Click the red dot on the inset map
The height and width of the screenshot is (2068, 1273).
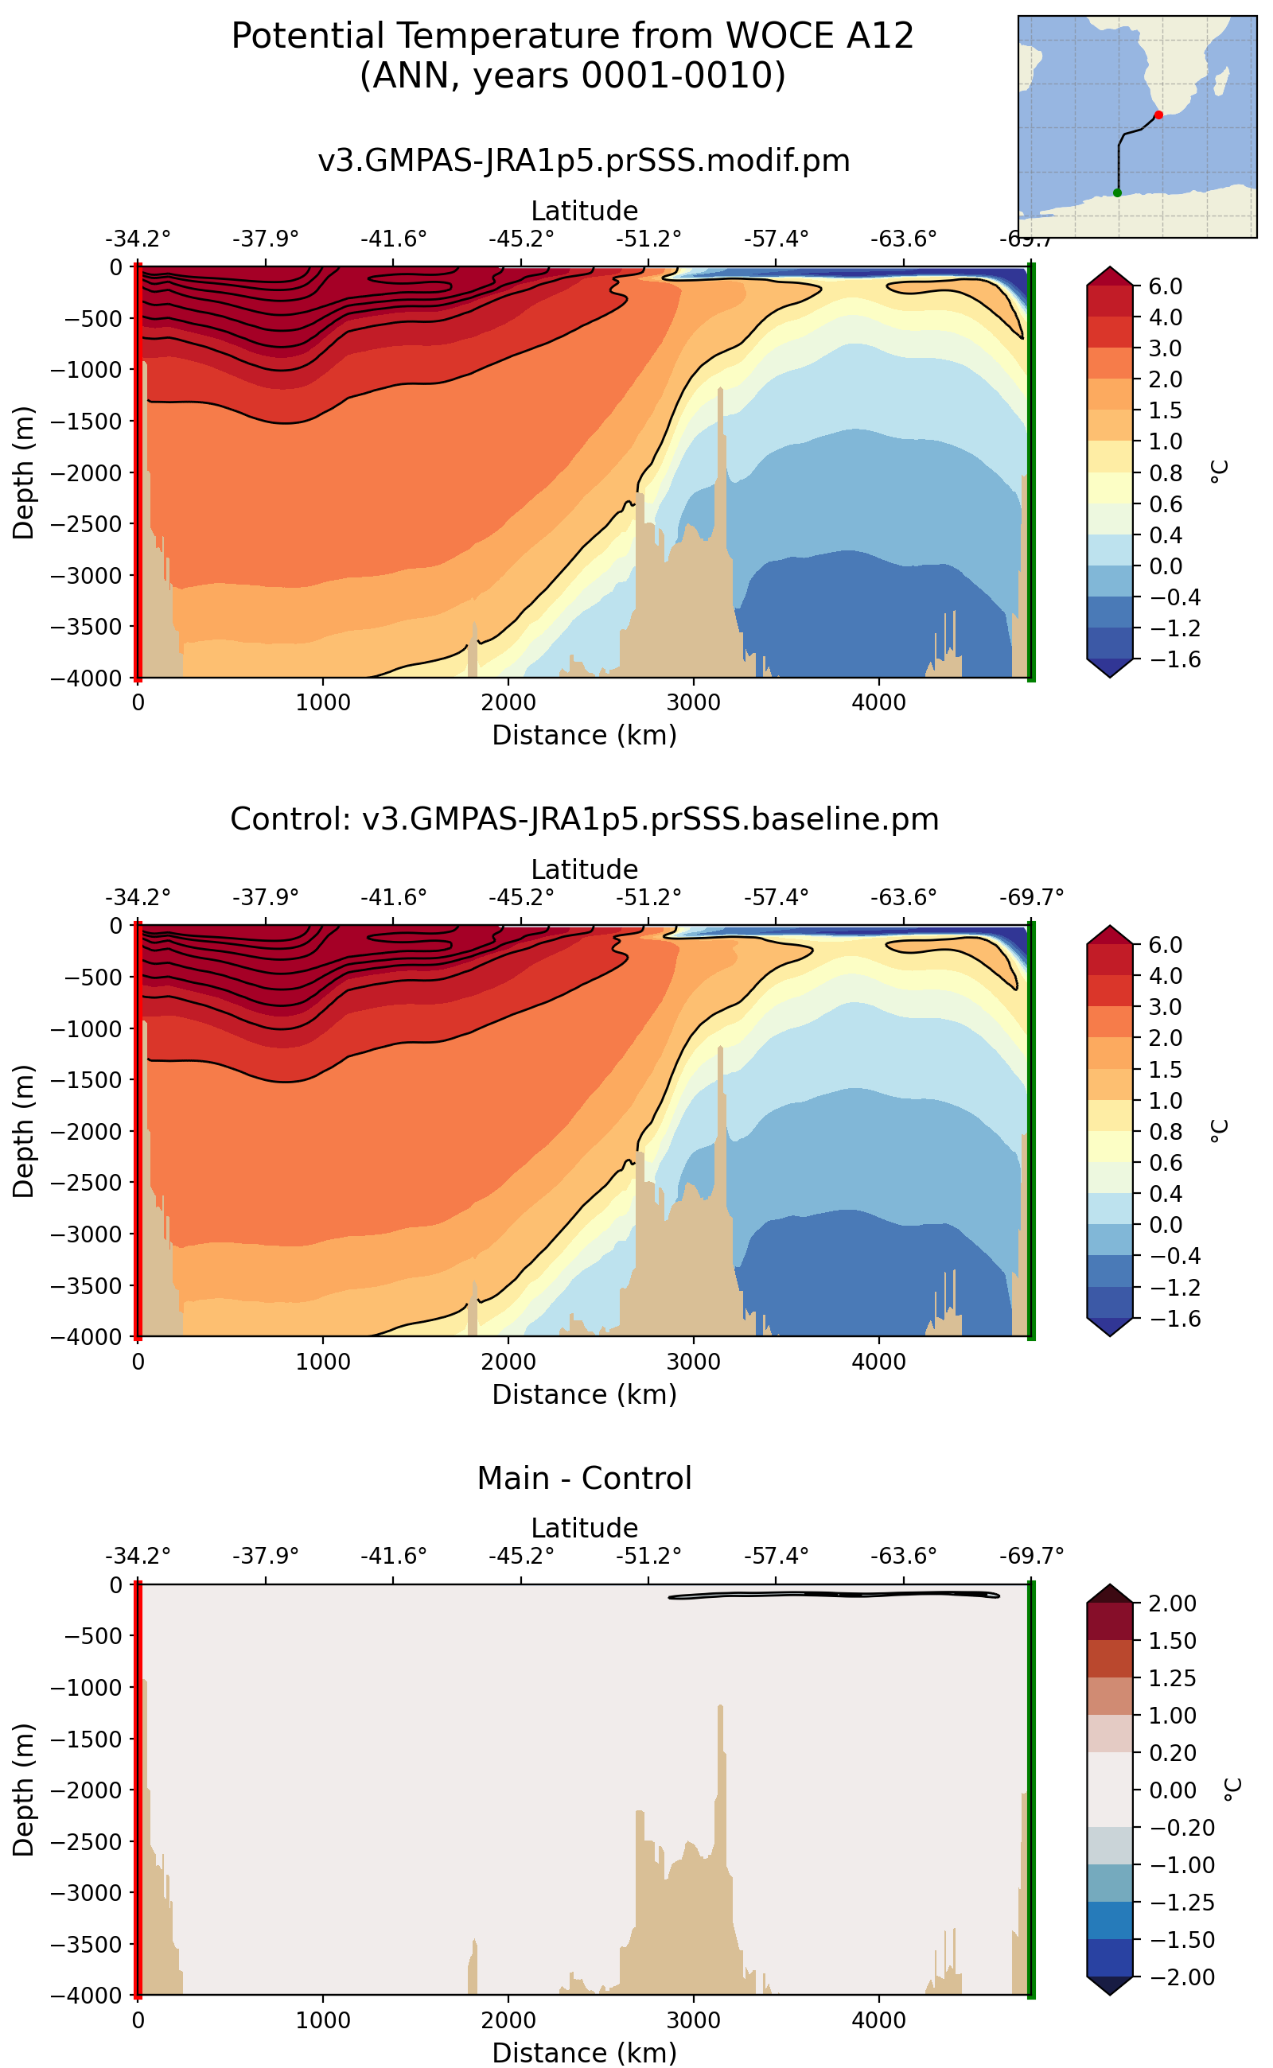(x=1158, y=115)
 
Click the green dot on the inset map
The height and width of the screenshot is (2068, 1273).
(x=1117, y=192)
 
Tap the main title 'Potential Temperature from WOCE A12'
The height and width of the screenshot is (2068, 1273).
(x=572, y=37)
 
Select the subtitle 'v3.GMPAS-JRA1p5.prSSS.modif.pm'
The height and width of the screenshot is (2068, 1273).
(x=583, y=160)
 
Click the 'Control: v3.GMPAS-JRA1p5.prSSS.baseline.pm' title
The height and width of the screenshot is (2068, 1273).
(x=583, y=819)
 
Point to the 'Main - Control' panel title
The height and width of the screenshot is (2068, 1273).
(x=583, y=1478)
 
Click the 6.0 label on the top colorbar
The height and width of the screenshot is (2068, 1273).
(x=1166, y=286)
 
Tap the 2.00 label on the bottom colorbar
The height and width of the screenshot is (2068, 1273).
(x=1172, y=1603)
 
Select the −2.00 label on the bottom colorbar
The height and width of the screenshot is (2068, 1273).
(x=1176, y=1977)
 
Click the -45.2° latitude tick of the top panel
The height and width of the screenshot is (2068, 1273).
(x=521, y=239)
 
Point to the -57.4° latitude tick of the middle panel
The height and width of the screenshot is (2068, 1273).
(x=776, y=897)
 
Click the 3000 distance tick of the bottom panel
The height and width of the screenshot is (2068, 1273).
(x=693, y=2020)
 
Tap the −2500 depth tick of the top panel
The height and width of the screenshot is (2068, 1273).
(x=85, y=523)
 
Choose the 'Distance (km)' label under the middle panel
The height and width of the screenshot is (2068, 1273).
(x=584, y=1394)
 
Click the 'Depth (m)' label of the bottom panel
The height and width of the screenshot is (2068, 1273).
(x=24, y=1790)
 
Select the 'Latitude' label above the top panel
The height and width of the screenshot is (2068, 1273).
(x=584, y=211)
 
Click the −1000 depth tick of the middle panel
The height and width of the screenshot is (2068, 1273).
(x=85, y=1028)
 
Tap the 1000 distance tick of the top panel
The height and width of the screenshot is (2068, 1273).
(x=322, y=703)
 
